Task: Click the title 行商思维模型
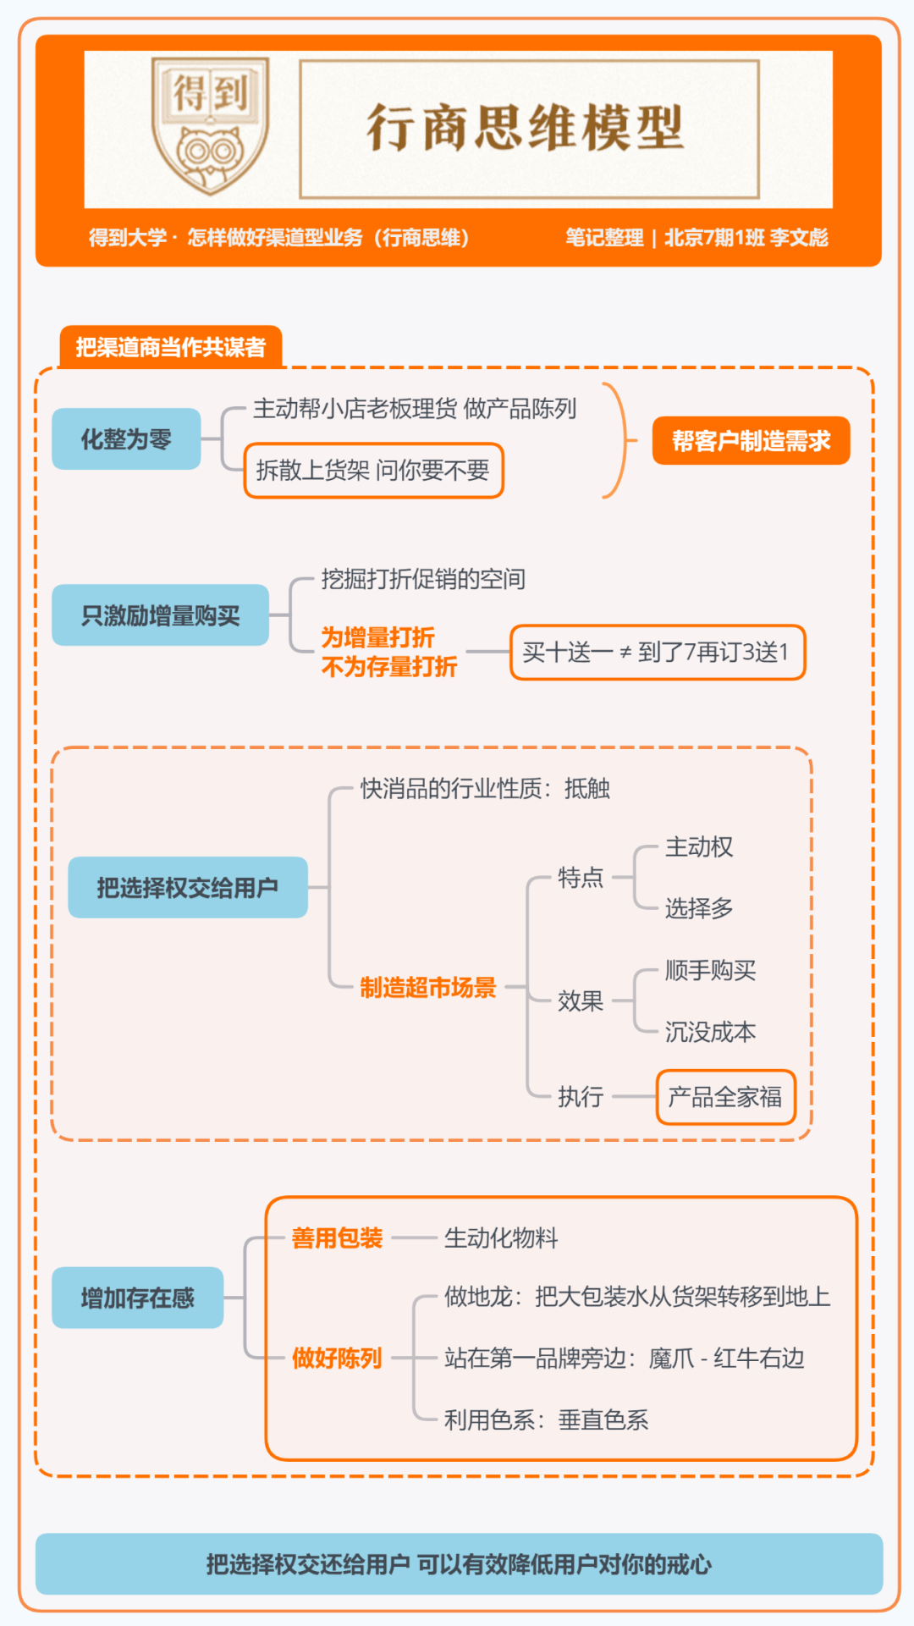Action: click(525, 129)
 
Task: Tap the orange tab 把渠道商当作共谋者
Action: click(171, 347)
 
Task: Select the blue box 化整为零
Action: click(126, 439)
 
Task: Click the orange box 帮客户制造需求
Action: click(752, 441)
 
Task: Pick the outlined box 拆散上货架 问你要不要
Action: click(374, 471)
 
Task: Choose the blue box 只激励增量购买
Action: click(161, 615)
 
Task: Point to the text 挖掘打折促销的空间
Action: click(423, 580)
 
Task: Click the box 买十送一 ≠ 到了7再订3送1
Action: click(658, 653)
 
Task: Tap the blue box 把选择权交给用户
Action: click(188, 888)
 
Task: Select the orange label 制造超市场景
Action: click(428, 988)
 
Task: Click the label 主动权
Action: click(699, 847)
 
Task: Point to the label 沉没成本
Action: click(711, 1033)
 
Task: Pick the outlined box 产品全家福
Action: click(726, 1098)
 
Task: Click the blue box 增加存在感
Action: click(138, 1298)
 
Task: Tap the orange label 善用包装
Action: click(337, 1239)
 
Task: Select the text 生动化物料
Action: click(501, 1239)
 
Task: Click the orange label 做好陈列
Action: click(337, 1359)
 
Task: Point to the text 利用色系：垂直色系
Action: click(547, 1420)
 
